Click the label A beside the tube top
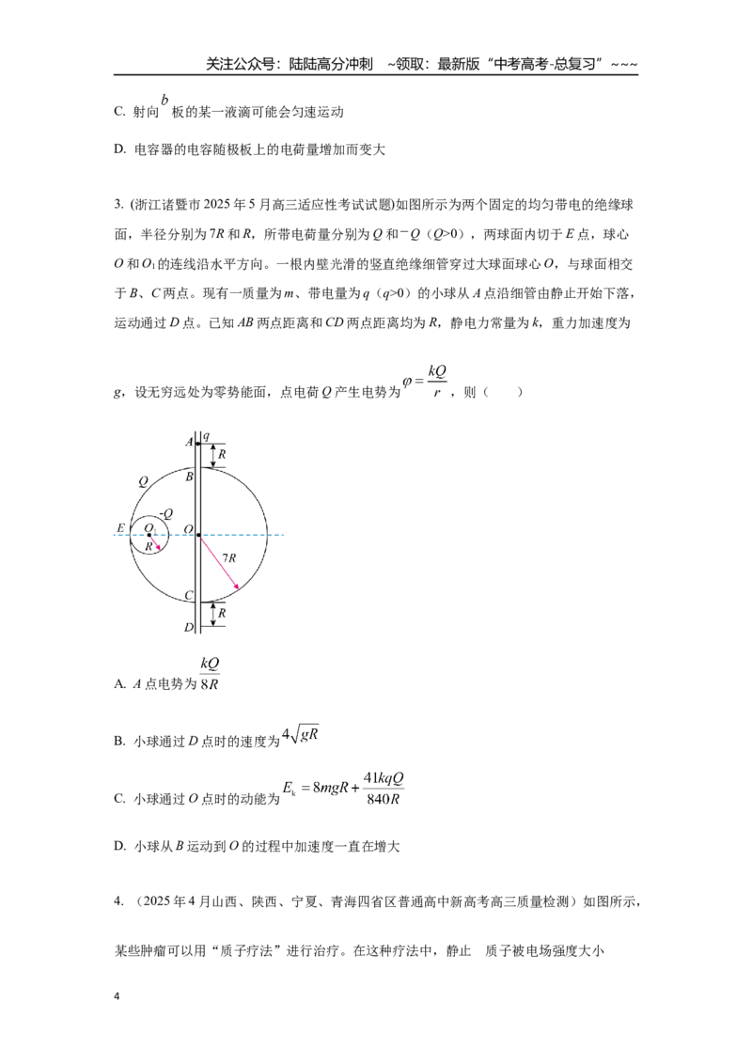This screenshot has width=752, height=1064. [x=189, y=443]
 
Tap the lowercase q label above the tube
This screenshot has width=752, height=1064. [x=206, y=436]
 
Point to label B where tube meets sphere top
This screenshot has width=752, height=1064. [x=189, y=477]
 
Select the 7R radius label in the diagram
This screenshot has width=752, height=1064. [x=229, y=557]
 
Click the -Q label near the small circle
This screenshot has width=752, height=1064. [x=165, y=514]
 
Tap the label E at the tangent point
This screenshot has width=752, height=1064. [x=121, y=528]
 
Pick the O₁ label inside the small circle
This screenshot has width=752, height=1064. [x=150, y=528]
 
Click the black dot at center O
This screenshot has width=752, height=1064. [x=198, y=535]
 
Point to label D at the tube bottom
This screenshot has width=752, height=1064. [x=189, y=628]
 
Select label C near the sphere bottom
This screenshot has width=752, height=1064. [x=189, y=596]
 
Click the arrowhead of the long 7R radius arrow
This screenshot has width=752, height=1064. [x=236, y=587]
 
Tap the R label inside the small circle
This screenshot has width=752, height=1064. [x=149, y=546]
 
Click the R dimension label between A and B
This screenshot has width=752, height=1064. [x=222, y=455]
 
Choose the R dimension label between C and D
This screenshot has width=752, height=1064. [x=222, y=613]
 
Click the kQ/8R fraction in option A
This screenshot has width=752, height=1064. [x=210, y=673]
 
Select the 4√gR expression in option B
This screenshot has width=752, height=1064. [x=301, y=734]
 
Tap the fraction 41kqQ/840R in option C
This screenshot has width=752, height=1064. [x=384, y=788]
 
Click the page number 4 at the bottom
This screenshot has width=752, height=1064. [x=117, y=996]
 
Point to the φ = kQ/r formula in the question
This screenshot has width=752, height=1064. [x=425, y=382]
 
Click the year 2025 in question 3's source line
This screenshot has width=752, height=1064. [x=217, y=205]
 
